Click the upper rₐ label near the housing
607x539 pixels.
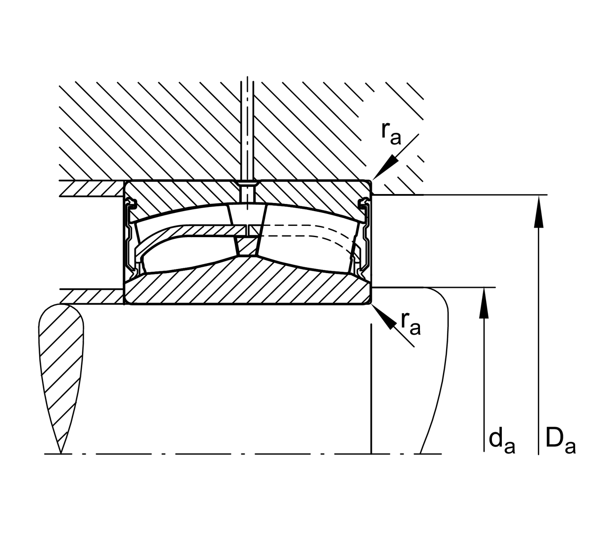point(390,134)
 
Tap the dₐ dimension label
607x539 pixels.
point(501,441)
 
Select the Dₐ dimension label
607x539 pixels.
point(560,441)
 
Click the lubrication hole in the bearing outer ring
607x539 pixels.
point(247,189)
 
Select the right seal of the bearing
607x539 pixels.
point(364,238)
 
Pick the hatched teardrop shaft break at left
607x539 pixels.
point(61,359)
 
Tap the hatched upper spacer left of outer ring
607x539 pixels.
point(90,188)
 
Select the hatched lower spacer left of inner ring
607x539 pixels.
point(90,296)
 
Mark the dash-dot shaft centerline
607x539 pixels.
point(225,454)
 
